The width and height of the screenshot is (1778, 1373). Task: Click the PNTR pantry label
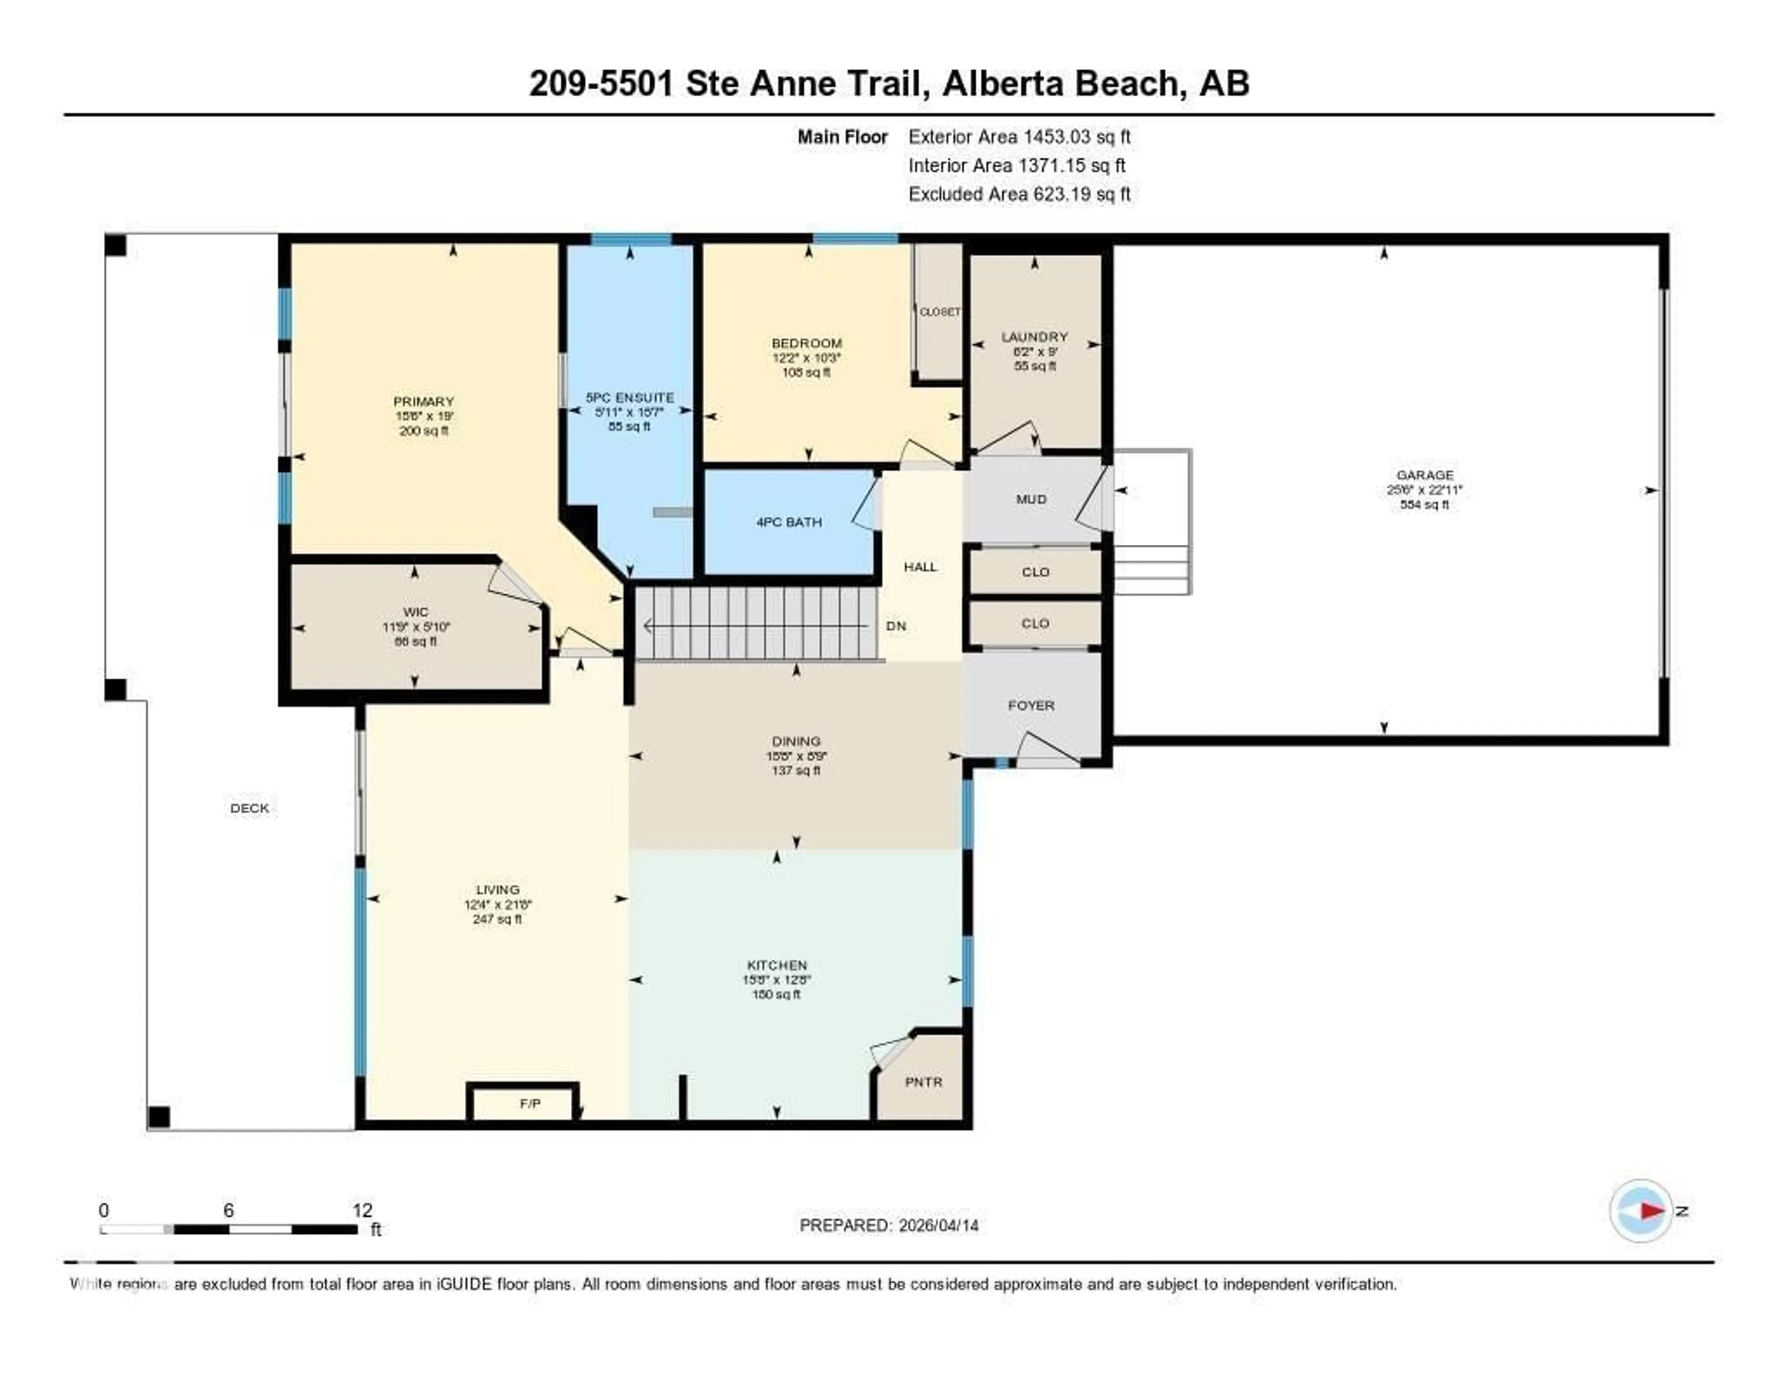pos(923,1082)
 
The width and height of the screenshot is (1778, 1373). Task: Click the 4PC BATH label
pos(789,522)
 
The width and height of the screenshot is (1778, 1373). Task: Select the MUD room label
pos(1031,499)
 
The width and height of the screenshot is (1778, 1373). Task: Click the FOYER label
pos(1031,705)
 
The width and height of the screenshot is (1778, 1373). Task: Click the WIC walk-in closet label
pos(415,612)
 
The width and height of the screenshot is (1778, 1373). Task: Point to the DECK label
pos(249,808)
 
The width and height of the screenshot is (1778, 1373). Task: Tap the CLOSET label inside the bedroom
pos(939,312)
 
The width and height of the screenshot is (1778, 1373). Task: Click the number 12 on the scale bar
pos(362,1210)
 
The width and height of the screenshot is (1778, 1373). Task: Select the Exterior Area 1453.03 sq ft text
pos(1019,137)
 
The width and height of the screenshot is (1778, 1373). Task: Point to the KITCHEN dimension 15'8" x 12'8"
pos(776,980)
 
